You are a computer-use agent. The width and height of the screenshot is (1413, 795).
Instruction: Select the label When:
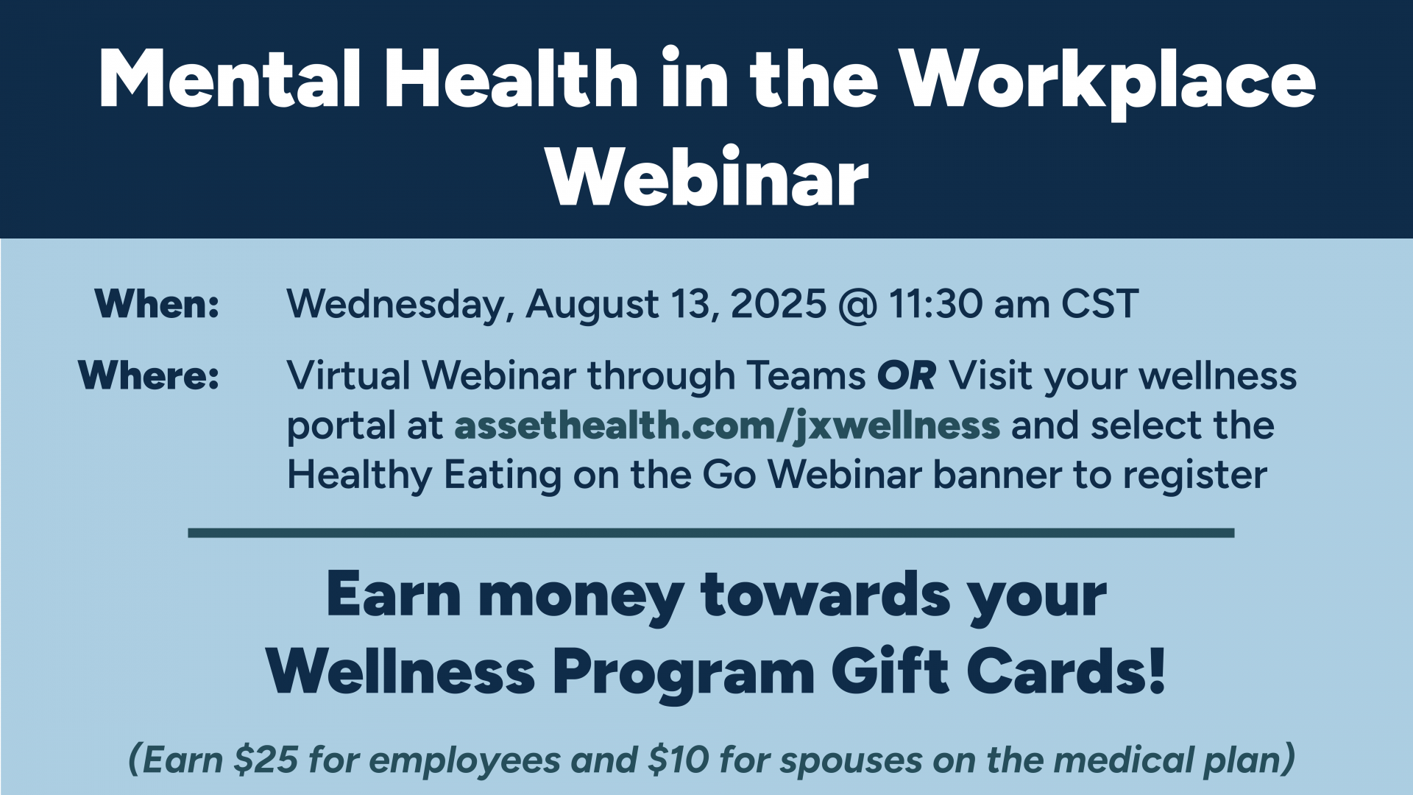click(x=157, y=303)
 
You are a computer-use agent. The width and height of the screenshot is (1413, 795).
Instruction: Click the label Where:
click(x=149, y=375)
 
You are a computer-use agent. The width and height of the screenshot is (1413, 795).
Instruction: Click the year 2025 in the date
click(x=779, y=304)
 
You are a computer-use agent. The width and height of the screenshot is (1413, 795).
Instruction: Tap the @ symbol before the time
click(x=857, y=305)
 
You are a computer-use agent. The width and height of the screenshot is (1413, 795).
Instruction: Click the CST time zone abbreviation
click(x=1100, y=304)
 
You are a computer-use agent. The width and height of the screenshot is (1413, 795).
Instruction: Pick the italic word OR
click(x=907, y=375)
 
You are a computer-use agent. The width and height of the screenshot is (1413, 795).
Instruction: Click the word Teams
click(x=806, y=375)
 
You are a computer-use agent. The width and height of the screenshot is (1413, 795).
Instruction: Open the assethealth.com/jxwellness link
click(x=727, y=426)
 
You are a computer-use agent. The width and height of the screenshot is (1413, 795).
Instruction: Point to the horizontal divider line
click(x=711, y=533)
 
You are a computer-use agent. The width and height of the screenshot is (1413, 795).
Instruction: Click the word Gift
click(x=890, y=671)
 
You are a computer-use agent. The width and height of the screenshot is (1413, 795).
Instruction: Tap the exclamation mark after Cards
click(x=1157, y=671)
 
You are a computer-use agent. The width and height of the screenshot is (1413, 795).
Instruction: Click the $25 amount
click(x=266, y=760)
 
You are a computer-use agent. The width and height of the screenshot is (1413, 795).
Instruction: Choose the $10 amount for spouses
click(x=678, y=760)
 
